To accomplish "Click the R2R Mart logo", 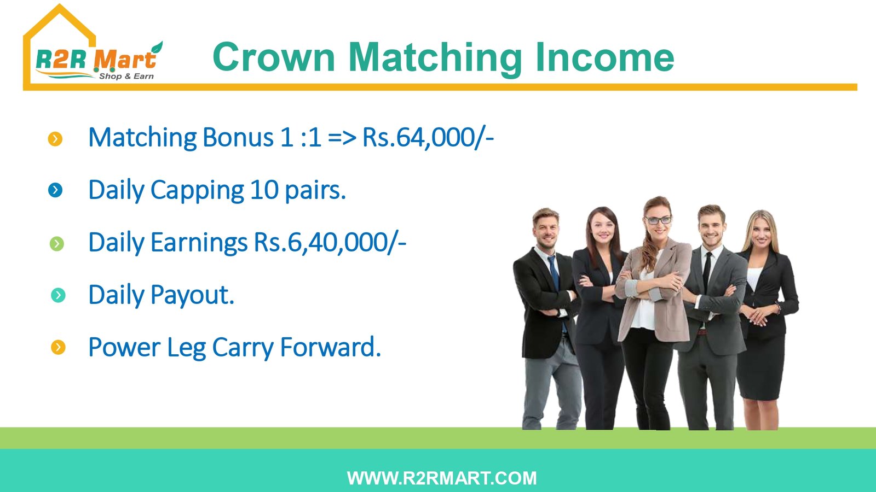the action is [94, 47].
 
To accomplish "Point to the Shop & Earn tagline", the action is [126, 76].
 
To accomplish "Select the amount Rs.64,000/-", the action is [428, 137].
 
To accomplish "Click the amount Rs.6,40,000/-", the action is [330, 243].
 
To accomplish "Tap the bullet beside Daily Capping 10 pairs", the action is [55, 190].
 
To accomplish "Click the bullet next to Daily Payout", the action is [58, 295].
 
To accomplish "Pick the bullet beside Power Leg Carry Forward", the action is [58, 347].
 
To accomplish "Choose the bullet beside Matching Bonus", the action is [55, 139].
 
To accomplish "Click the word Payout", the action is [192, 295].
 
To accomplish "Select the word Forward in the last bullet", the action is [331, 347].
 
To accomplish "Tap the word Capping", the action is [197, 191].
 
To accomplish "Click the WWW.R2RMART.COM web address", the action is [442, 478].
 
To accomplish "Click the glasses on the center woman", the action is [658, 220].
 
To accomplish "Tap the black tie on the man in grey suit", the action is [707, 273].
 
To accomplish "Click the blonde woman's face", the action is [761, 231].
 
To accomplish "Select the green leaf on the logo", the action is [157, 48].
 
